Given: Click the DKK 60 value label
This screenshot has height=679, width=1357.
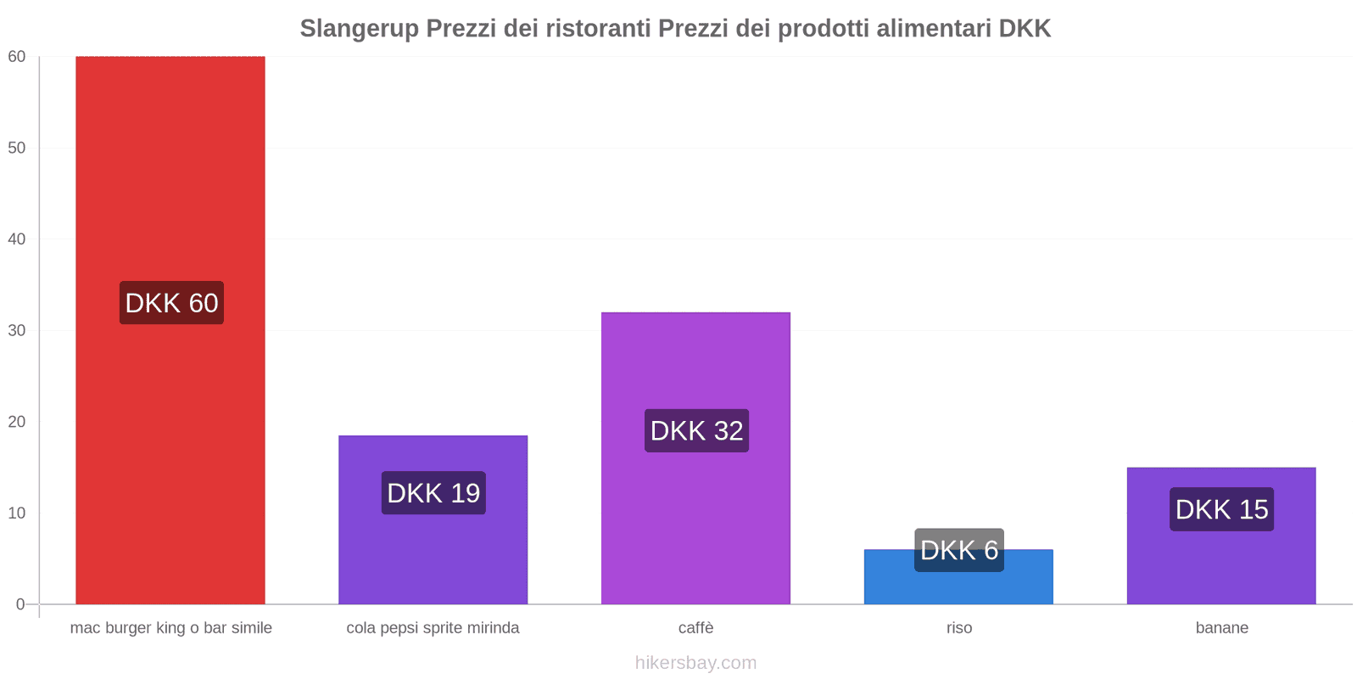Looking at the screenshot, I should pyautogui.click(x=171, y=303).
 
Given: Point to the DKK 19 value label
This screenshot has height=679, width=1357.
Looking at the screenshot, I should pyautogui.click(x=433, y=493).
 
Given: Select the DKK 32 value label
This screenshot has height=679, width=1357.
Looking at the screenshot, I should pyautogui.click(x=696, y=431).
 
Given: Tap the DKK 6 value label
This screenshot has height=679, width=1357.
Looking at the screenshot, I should pyautogui.click(x=959, y=550).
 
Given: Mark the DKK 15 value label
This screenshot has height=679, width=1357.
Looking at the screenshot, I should pyautogui.click(x=1221, y=509).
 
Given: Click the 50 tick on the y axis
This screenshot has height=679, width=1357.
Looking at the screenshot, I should pyautogui.click(x=17, y=148).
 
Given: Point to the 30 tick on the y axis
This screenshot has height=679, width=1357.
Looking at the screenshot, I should pyautogui.click(x=17, y=330).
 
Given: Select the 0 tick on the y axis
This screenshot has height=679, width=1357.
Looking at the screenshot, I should pyautogui.click(x=20, y=604).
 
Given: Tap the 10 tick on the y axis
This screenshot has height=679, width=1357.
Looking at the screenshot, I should pyautogui.click(x=17, y=513).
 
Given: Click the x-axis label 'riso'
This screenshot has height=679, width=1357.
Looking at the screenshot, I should pyautogui.click(x=959, y=628).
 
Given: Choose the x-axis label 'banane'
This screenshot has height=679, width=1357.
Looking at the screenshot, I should pyautogui.click(x=1221, y=628).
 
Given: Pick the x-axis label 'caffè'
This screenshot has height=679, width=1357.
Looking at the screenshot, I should pyautogui.click(x=695, y=628).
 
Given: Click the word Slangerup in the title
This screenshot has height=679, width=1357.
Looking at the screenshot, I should pyautogui.click(x=359, y=29).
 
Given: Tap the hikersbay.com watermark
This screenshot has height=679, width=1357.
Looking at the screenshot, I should pyautogui.click(x=695, y=663).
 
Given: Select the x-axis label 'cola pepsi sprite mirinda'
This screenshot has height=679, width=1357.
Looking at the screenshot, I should pyautogui.click(x=433, y=628).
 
